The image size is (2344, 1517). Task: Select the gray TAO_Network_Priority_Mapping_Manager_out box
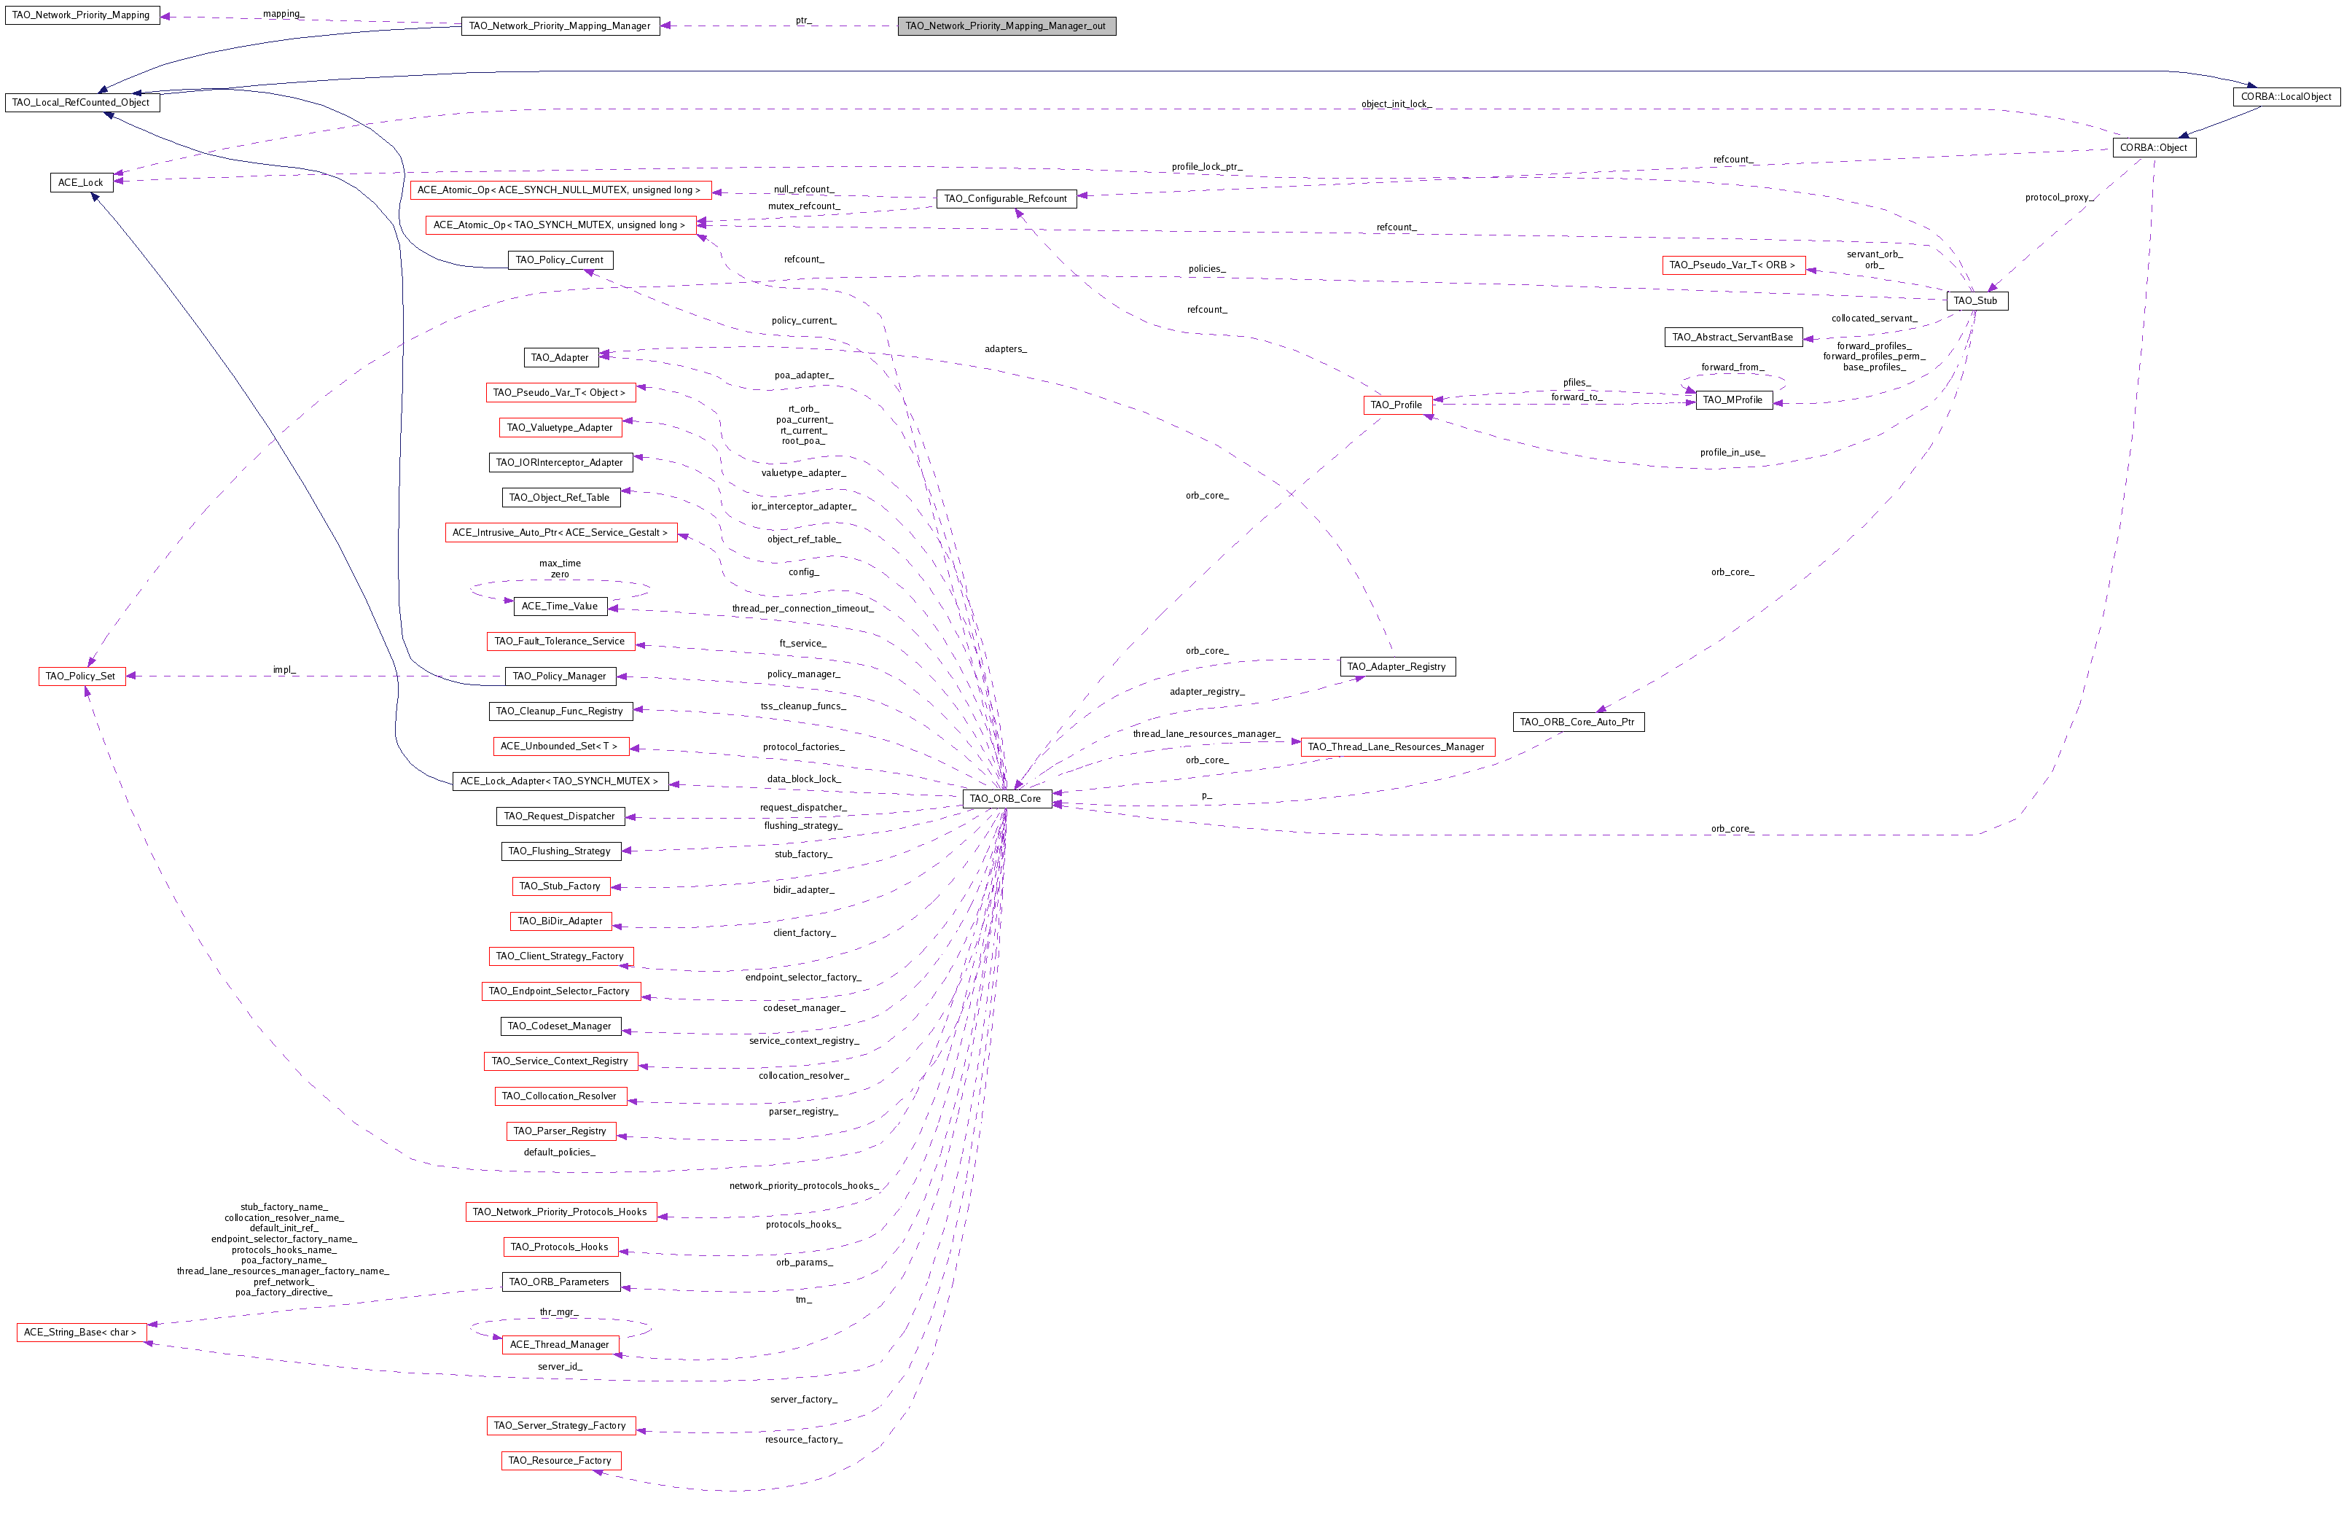click(x=1006, y=26)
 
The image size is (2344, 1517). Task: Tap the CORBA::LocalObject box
click(x=2285, y=96)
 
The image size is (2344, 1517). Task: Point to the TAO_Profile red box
click(x=1396, y=405)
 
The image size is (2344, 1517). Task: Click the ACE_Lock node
click(x=81, y=182)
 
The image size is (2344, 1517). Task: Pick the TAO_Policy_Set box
click(x=81, y=676)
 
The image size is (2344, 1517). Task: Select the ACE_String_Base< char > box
click(x=81, y=1332)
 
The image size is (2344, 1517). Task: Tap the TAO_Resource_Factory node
click(x=560, y=1460)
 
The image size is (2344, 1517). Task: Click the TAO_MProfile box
click(x=1732, y=400)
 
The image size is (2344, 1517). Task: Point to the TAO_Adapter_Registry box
click(x=1396, y=667)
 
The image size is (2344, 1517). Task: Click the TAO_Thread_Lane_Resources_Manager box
click(x=1396, y=746)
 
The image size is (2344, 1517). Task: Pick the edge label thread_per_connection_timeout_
click(x=802, y=609)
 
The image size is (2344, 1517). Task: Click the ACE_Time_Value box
click(x=560, y=606)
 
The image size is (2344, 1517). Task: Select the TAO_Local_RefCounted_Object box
click(x=81, y=103)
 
